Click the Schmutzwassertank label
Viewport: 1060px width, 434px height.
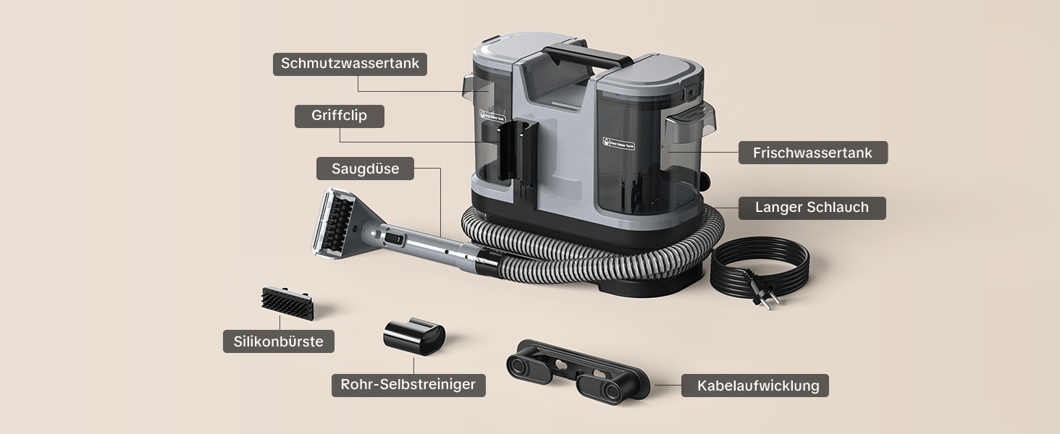tap(350, 64)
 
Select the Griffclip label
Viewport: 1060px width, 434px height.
tap(340, 116)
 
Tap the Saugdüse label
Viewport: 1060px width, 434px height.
tap(366, 169)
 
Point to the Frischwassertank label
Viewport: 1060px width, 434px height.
tap(813, 153)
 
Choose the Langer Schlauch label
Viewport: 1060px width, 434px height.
tap(812, 208)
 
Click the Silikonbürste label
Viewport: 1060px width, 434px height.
tap(279, 341)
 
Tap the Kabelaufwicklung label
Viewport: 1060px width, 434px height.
tap(754, 386)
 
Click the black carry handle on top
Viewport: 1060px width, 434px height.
tap(586, 56)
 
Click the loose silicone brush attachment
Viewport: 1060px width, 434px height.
tap(287, 303)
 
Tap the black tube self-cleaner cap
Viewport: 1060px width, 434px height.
tap(414, 336)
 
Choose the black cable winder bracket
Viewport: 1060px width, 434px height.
tap(578, 372)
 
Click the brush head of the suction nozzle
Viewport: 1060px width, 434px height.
tap(337, 222)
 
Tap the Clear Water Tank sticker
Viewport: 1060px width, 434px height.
tap(618, 144)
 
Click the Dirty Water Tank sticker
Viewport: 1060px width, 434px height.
tap(492, 116)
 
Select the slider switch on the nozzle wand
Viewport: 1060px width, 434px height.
tap(394, 238)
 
